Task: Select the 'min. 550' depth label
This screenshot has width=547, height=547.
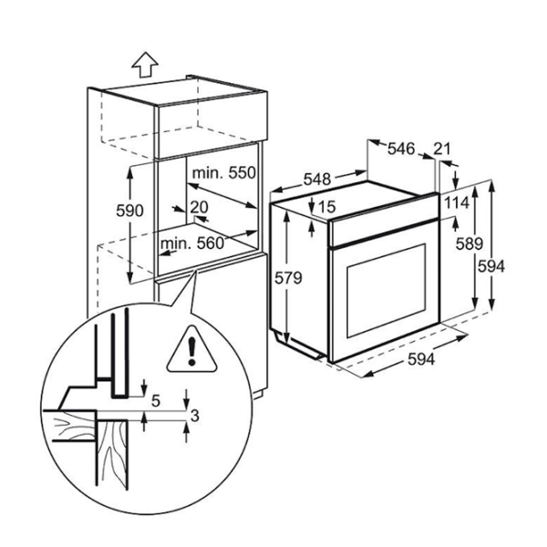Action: pyautogui.click(x=223, y=172)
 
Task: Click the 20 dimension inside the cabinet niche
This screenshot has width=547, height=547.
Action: pyautogui.click(x=200, y=208)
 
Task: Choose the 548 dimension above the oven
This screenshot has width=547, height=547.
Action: pyautogui.click(x=316, y=180)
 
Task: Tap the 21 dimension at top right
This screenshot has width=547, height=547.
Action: pyautogui.click(x=444, y=148)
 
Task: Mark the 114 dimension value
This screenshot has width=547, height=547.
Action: pyautogui.click(x=457, y=202)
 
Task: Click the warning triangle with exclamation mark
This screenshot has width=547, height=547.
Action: pyautogui.click(x=191, y=347)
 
